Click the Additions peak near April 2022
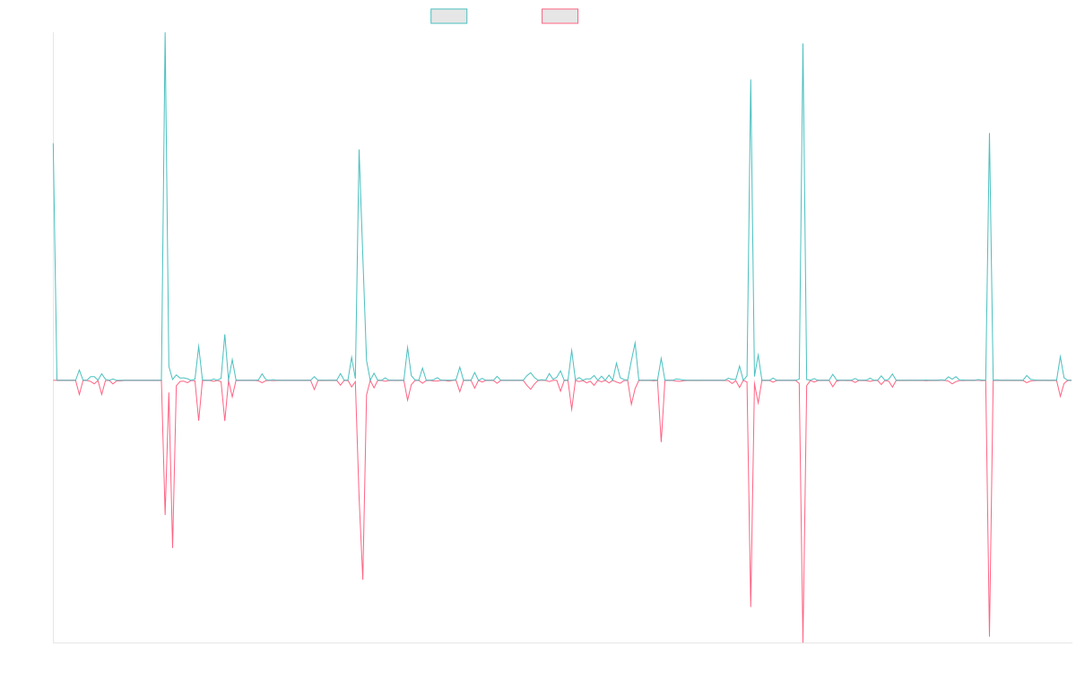tap(359, 150)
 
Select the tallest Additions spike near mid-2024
tap(803, 44)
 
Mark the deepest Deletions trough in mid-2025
tap(989, 636)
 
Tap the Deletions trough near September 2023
tap(661, 441)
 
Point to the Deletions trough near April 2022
tap(362, 580)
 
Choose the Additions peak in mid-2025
tap(989, 134)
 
